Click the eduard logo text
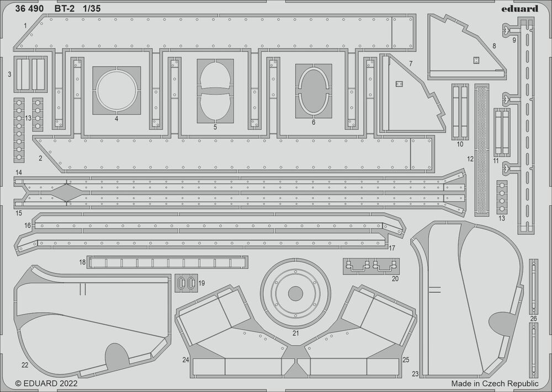[521, 8]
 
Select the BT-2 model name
[65, 9]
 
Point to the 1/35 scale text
[93, 9]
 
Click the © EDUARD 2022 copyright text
[46, 383]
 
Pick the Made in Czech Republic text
[494, 383]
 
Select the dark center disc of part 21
[295, 293]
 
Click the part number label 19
[201, 283]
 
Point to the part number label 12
[470, 159]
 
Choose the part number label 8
[494, 45]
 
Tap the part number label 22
[24, 365]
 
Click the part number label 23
[415, 374]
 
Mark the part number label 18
[82, 262]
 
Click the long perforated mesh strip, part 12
[482, 149]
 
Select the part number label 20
[395, 278]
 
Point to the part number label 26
[533, 319]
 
